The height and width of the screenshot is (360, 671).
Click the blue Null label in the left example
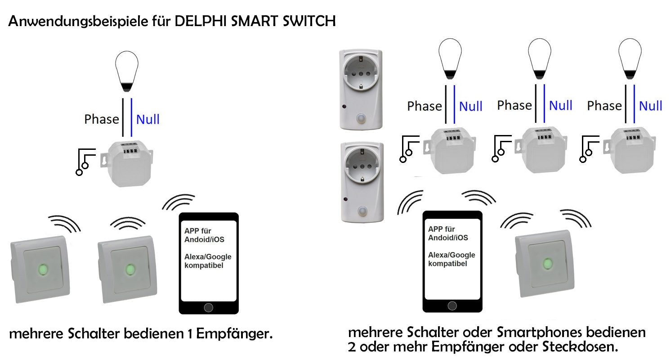[x=148, y=120]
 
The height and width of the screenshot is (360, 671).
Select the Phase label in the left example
[x=102, y=119]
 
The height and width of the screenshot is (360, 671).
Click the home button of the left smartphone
[x=208, y=307]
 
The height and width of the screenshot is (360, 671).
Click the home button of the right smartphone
[x=452, y=306]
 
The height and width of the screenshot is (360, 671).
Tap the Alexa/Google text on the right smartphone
[x=452, y=255]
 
